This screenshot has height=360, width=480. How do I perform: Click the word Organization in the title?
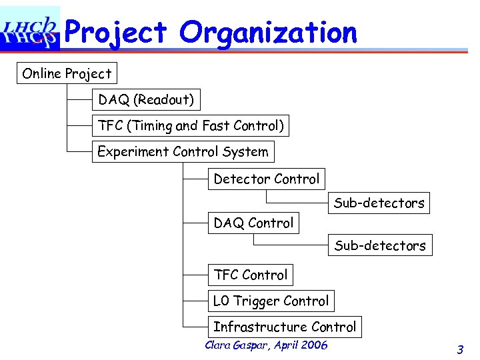click(x=268, y=32)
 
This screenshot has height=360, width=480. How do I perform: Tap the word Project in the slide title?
click(x=117, y=32)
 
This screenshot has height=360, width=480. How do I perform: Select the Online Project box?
click(x=67, y=73)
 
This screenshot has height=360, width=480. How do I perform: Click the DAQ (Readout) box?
click(x=146, y=100)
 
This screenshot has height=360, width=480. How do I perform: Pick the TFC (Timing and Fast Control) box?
click(x=191, y=125)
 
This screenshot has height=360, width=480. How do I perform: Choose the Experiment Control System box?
click(x=183, y=151)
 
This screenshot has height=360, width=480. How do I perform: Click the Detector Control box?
click(x=267, y=179)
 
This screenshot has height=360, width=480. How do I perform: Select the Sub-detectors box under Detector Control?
click(x=379, y=203)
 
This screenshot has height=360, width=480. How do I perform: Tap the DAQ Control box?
click(x=253, y=223)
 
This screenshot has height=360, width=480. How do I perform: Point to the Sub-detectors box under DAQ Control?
click(x=380, y=245)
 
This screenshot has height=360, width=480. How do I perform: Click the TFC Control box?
click(x=251, y=275)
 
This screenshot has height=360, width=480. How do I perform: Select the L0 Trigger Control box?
click(x=271, y=301)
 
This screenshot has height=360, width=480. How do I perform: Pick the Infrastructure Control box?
click(x=285, y=327)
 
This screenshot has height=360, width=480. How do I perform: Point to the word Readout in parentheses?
click(x=164, y=100)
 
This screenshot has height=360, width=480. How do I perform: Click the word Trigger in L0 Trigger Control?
click(x=256, y=301)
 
